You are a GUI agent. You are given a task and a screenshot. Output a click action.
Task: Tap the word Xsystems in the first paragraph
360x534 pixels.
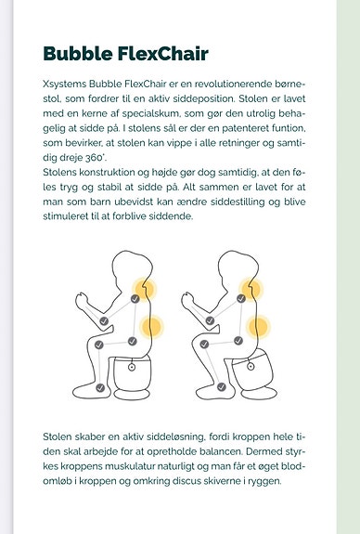[65, 85]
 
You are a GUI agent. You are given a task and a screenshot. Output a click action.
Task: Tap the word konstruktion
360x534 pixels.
[107, 173]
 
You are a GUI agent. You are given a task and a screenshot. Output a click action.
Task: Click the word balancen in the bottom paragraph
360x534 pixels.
[221, 451]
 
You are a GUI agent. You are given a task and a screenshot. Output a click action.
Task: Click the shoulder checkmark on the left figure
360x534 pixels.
[135, 299]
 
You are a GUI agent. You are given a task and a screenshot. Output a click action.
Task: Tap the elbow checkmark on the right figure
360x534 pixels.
[210, 320]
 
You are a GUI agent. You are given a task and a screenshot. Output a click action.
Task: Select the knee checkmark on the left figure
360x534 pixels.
[99, 345]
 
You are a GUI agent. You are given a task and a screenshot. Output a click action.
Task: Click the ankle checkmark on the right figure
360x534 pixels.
[222, 387]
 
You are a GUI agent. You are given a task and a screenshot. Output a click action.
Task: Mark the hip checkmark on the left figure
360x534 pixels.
[133, 341]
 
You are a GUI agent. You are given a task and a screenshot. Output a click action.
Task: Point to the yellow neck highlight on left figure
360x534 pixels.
[144, 290]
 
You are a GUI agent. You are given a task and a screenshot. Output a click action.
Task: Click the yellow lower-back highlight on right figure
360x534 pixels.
[258, 327]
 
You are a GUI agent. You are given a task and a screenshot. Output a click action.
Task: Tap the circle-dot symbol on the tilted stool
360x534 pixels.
[251, 367]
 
